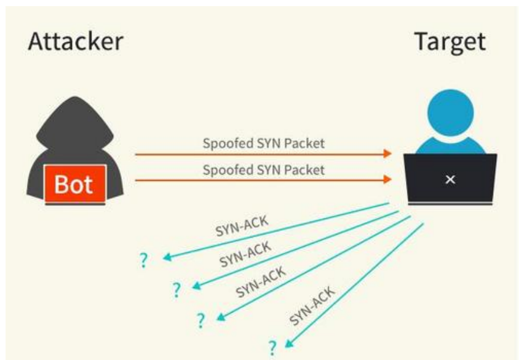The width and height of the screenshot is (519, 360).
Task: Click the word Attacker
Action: (76, 41)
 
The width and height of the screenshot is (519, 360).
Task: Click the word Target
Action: (450, 42)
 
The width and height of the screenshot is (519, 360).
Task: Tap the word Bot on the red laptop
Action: (73, 184)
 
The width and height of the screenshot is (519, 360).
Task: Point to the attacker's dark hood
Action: (75, 126)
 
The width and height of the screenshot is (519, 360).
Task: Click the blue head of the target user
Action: (451, 113)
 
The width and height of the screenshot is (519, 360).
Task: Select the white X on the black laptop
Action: (450, 180)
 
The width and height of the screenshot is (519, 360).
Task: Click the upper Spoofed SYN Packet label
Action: (263, 143)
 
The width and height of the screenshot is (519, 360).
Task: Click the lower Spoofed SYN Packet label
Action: (263, 170)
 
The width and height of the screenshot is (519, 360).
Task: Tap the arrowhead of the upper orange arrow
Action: (387, 154)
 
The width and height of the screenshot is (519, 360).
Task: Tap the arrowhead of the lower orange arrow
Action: (387, 180)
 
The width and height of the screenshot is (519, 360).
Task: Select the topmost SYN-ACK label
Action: (242, 226)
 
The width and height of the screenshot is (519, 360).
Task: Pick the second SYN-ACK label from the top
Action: (245, 254)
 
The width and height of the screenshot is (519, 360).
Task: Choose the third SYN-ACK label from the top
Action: (261, 281)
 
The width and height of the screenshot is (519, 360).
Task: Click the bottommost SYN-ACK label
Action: (312, 306)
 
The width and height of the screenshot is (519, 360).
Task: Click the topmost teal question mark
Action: (144, 260)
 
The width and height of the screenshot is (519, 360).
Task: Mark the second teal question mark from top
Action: (176, 290)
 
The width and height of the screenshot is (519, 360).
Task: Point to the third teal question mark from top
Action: (200, 320)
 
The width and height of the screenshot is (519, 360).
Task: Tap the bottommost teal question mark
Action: (272, 348)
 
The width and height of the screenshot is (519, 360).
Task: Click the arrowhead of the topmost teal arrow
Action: (167, 257)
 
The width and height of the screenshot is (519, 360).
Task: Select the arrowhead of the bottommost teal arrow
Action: (288, 344)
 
